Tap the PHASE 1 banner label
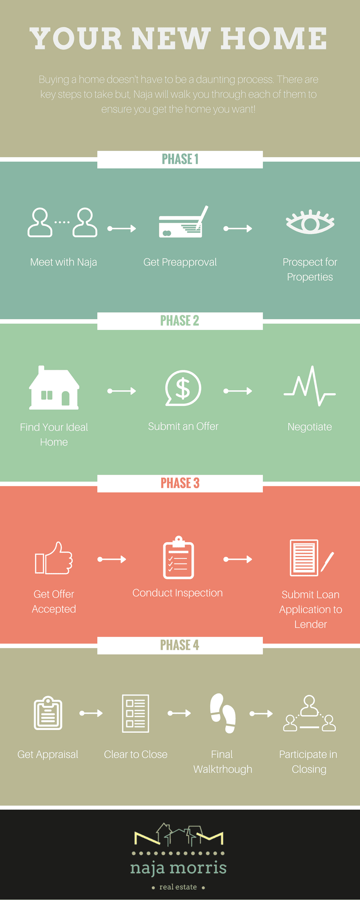[180, 159]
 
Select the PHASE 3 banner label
[180, 483]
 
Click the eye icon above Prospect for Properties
[310, 222]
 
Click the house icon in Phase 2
[54, 388]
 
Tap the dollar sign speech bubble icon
[183, 388]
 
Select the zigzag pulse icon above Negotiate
[310, 387]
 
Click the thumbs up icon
[54, 558]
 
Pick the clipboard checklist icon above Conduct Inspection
[178, 558]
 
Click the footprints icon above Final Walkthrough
[223, 713]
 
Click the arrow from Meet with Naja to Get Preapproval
[121, 229]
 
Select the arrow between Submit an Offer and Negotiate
[238, 391]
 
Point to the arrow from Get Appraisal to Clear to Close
[91, 713]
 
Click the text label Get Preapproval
[180, 262]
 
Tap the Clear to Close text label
[135, 755]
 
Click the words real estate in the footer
[178, 887]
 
